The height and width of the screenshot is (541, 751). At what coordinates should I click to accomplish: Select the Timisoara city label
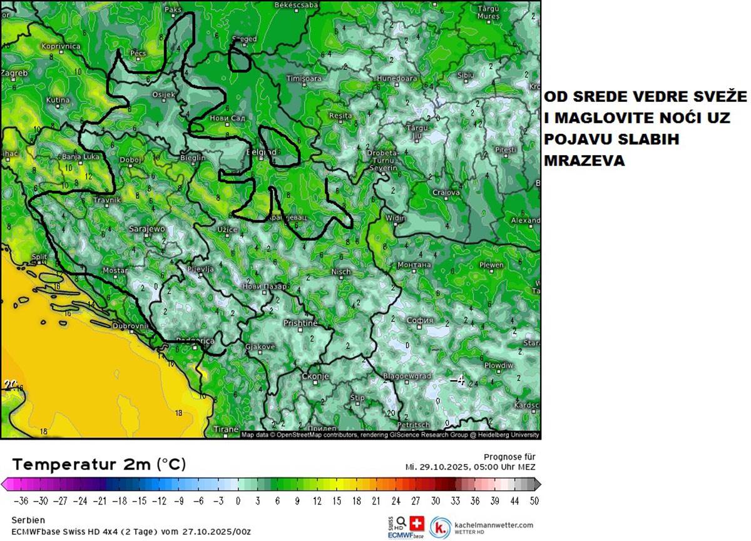[x=304, y=79]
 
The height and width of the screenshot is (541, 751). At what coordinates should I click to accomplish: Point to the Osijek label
[x=164, y=94]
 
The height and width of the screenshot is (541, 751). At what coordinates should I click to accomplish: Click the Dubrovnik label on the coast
[x=131, y=326]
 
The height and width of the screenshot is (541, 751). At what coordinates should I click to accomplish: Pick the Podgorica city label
[x=195, y=341]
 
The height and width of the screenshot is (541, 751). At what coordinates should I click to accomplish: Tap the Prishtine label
[x=301, y=323]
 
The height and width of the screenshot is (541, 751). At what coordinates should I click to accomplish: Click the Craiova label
[x=447, y=193]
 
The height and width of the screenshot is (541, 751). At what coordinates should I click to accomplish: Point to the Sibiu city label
[x=466, y=75]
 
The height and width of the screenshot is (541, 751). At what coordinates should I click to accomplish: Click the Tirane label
[x=226, y=430]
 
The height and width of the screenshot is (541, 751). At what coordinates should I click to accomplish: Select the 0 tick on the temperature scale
[x=238, y=500]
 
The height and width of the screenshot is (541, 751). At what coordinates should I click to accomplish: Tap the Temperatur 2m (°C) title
[x=99, y=464]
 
